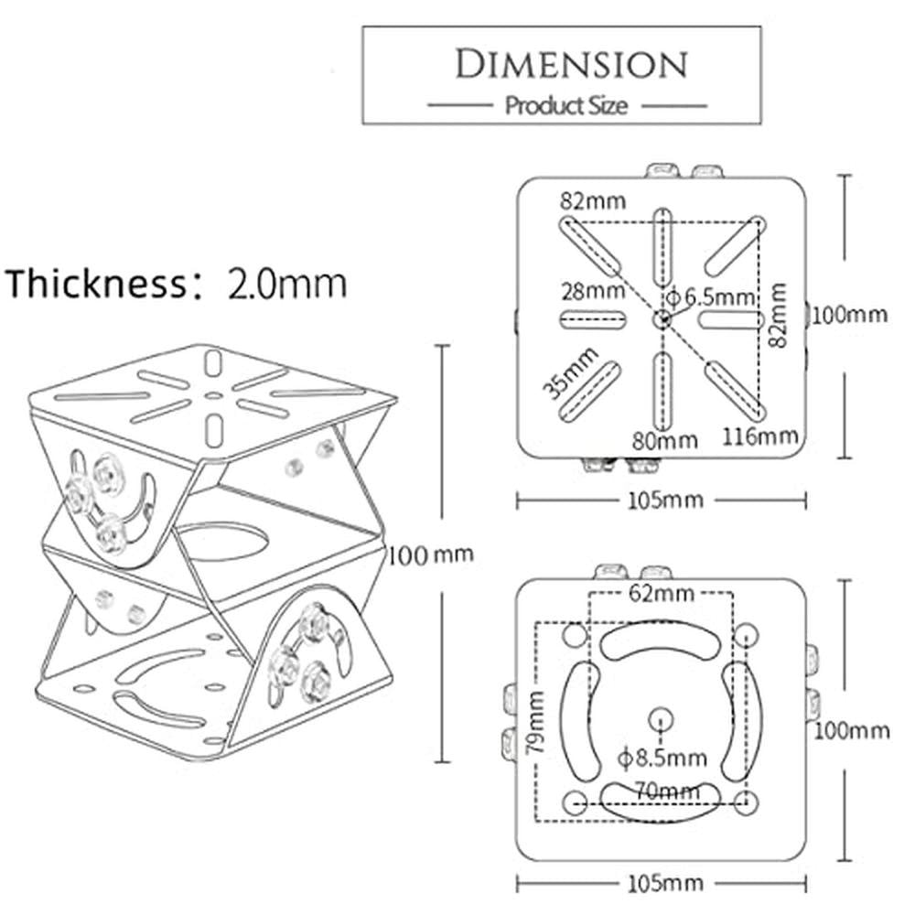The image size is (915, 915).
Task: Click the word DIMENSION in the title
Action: point(571,64)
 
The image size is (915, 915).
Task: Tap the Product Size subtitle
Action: point(566,106)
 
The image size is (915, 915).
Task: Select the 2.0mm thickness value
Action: point(287,283)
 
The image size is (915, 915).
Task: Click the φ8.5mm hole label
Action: point(662,758)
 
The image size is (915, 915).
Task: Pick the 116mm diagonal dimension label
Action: point(759,436)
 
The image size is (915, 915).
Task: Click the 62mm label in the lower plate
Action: point(662,595)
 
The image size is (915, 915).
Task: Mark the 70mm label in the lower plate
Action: point(662,788)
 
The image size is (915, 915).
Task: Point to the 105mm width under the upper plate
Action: point(662,500)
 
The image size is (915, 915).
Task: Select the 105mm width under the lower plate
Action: point(662,883)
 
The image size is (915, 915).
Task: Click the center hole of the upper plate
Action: point(662,318)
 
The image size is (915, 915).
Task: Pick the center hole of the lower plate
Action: point(660,719)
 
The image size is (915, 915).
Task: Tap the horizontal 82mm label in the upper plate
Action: point(594,200)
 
